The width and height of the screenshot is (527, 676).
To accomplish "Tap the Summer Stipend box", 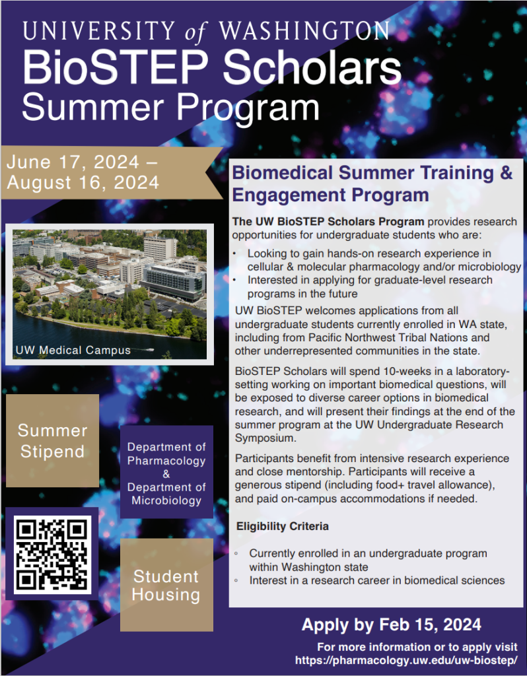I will pyautogui.click(x=52, y=441).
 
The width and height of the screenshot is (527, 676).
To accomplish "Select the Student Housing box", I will pyautogui.click(x=166, y=585).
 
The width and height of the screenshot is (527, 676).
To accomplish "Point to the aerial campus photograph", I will pyautogui.click(x=110, y=284).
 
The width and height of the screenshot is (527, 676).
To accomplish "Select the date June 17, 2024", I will pyautogui.click(x=73, y=162).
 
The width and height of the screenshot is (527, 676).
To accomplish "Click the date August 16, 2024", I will pyautogui.click(x=83, y=182).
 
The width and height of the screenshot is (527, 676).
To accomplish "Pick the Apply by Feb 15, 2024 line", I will pyautogui.click(x=391, y=625).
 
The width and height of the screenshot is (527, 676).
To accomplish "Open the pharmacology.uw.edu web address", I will pyautogui.click(x=405, y=660).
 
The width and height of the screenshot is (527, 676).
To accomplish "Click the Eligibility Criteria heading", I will pyautogui.click(x=282, y=527).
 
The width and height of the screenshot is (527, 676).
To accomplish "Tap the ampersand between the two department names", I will pyautogui.click(x=166, y=474).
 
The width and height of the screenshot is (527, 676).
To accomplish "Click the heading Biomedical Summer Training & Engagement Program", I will pyautogui.click(x=372, y=184).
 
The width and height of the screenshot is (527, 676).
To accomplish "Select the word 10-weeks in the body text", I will pyautogui.click(x=378, y=372).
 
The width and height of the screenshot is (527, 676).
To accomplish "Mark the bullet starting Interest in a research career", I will pyautogui.click(x=376, y=580).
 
